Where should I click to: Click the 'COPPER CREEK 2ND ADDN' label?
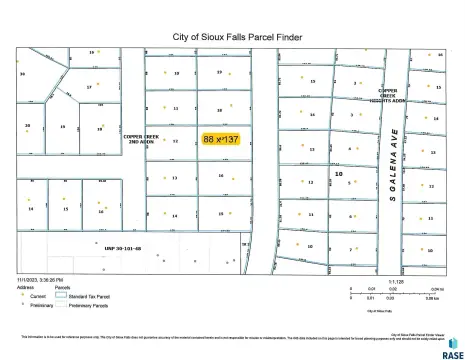click(141, 138)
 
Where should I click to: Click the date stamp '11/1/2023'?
click(29, 278)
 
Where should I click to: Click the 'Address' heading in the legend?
click(24, 287)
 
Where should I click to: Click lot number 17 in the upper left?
click(89, 87)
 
